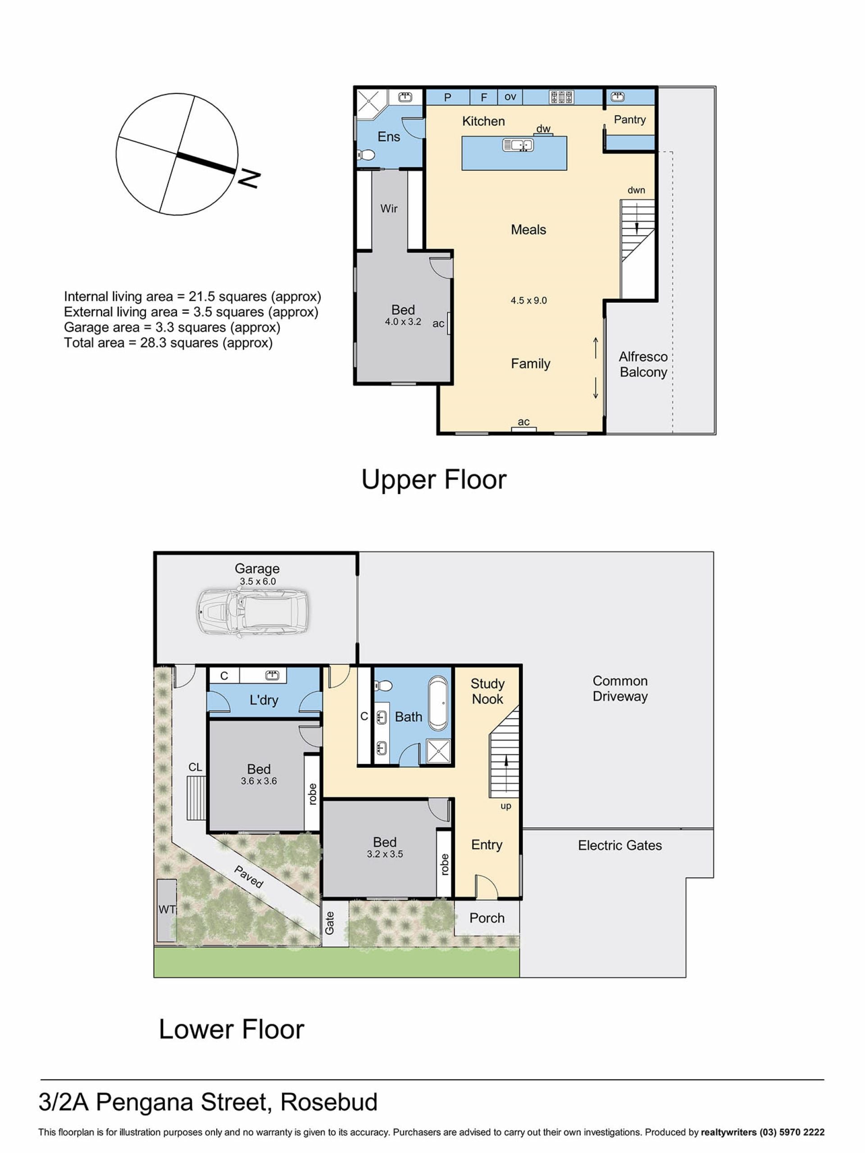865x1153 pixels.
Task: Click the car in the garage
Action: (x=252, y=613)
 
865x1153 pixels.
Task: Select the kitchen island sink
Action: (x=518, y=145)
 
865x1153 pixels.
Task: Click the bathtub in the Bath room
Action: (x=438, y=703)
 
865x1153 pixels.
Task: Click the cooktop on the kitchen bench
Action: (x=561, y=97)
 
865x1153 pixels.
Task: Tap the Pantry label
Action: (x=630, y=119)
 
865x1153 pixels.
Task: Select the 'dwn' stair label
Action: (x=636, y=190)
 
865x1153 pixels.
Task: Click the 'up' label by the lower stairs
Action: (x=506, y=806)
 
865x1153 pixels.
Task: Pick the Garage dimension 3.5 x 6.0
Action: (x=258, y=581)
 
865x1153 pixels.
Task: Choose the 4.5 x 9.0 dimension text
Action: (x=529, y=300)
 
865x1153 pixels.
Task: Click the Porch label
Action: (x=487, y=918)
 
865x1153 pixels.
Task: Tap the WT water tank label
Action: (x=167, y=910)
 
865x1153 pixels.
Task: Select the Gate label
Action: (x=329, y=923)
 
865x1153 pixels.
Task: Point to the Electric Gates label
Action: (x=620, y=845)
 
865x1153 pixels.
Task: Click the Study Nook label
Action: (x=487, y=691)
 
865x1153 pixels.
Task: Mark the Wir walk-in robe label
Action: (x=389, y=209)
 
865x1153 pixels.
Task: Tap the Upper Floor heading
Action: (x=434, y=479)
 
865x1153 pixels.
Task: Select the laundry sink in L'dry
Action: (x=272, y=676)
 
